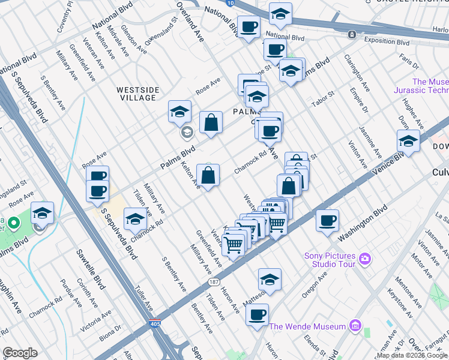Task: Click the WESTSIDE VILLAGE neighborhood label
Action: click(x=138, y=94)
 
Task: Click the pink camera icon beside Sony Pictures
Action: click(x=365, y=260)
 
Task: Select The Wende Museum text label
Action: click(x=308, y=326)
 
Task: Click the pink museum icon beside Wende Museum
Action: click(x=355, y=326)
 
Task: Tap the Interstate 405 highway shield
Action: click(x=154, y=323)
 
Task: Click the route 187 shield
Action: click(x=214, y=282)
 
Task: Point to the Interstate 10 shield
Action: click(x=231, y=3)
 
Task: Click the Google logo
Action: click(x=20, y=353)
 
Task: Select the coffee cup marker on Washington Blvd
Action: click(x=327, y=220)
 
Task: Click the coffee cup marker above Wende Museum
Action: click(x=257, y=314)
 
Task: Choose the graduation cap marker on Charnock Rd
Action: click(x=135, y=220)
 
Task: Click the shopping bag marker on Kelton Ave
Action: click(x=208, y=176)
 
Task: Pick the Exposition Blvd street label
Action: click(x=387, y=42)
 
